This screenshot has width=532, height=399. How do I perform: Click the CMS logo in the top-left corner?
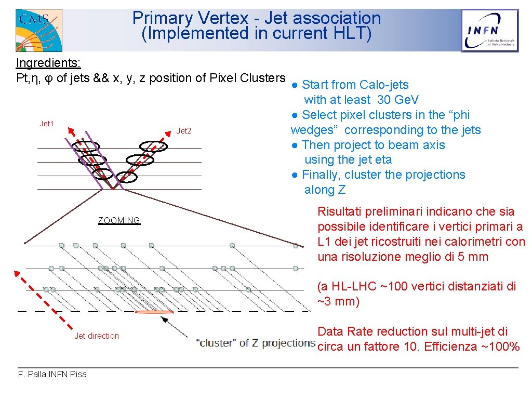click(x=38, y=29)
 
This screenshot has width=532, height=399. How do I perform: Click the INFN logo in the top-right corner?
click(x=490, y=31)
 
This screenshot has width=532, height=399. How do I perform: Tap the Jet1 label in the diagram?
click(x=47, y=124)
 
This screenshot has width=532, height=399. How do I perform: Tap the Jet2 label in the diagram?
click(x=184, y=131)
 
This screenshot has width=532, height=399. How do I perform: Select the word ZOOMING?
click(x=119, y=220)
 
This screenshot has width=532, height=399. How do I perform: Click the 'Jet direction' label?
click(x=97, y=336)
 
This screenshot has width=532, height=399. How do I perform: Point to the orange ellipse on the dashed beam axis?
click(x=154, y=312)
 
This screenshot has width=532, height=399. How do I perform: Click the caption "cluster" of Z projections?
click(x=256, y=343)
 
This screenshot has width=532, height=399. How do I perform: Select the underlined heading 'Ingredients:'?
click(x=48, y=63)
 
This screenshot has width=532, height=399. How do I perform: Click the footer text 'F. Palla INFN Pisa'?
click(x=52, y=374)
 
